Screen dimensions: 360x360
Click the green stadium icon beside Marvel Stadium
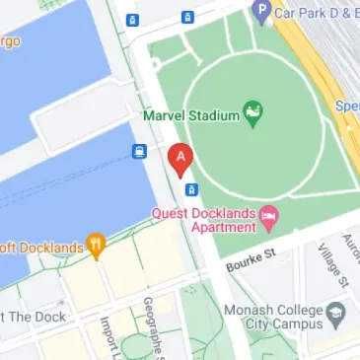[253, 114]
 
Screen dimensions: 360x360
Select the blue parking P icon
[261, 11]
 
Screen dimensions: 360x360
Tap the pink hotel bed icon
[268, 217]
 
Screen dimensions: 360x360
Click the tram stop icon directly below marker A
[191, 188]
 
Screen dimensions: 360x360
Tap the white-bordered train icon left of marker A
[140, 152]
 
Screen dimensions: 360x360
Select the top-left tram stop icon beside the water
[132, 19]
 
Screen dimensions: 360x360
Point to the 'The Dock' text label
[34, 317]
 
